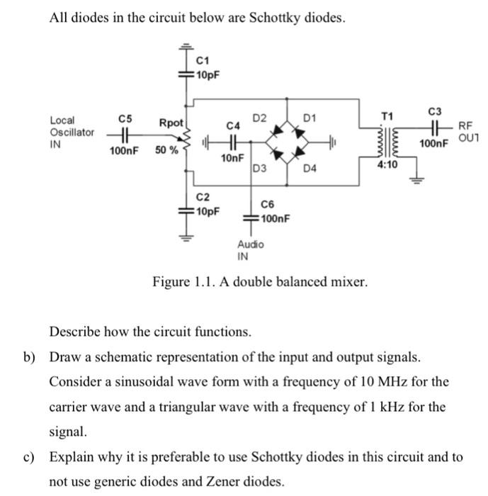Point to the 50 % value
[x=167, y=151]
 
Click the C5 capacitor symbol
[x=124, y=133]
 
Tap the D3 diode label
[x=259, y=169]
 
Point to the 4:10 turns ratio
[x=387, y=164]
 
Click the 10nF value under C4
[x=232, y=157]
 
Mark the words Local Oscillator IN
[x=72, y=132]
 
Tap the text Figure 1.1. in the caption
[x=179, y=283]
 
